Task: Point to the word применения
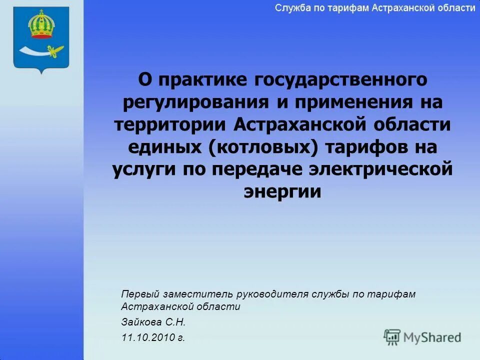tap(355, 103)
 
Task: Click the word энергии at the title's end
tap(282, 192)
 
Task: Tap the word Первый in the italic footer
tap(137, 294)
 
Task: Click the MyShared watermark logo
tap(422, 337)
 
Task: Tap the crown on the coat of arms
tap(40, 25)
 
